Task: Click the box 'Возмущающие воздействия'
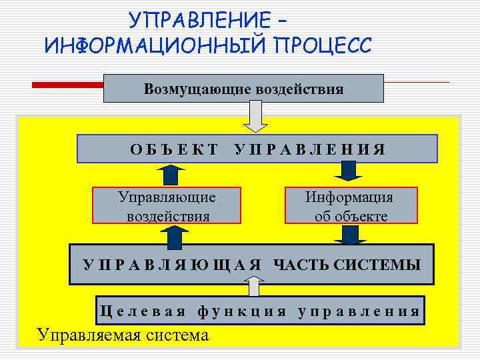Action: pyautogui.click(x=243, y=88)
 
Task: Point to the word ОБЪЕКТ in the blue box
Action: pyautogui.click(x=174, y=149)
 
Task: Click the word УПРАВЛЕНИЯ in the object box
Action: pyautogui.click(x=310, y=149)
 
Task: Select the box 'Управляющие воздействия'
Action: pyautogui.click(x=167, y=206)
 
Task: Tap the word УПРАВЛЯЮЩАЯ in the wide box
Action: pyautogui.click(x=172, y=265)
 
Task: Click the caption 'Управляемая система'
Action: pyautogui.click(x=123, y=334)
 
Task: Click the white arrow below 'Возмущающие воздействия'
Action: pyautogui.click(x=255, y=116)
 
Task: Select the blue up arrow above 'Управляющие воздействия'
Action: pyautogui.click(x=173, y=175)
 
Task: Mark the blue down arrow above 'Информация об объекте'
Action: pyautogui.click(x=348, y=172)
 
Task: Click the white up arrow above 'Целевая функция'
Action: pyautogui.click(x=253, y=287)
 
